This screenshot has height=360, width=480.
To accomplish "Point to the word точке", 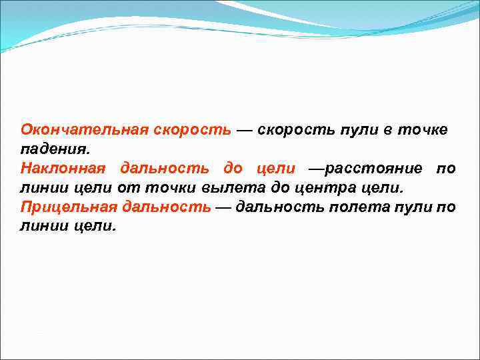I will pyautogui.click(x=423, y=129).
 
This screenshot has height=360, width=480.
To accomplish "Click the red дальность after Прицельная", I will pyautogui.click(x=166, y=207).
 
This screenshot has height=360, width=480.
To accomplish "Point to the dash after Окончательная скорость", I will pyautogui.click(x=243, y=129).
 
